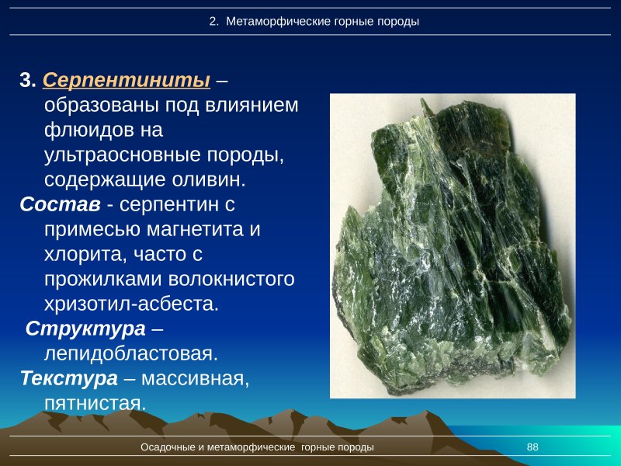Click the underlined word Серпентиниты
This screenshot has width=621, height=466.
tap(127, 80)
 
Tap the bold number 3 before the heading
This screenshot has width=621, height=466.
tap(27, 81)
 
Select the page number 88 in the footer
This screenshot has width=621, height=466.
tap(533, 447)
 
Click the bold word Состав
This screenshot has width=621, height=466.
tap(60, 205)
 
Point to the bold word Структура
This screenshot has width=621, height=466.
tap(85, 329)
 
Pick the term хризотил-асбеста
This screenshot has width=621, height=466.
tap(132, 304)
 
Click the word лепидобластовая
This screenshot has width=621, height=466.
tap(130, 353)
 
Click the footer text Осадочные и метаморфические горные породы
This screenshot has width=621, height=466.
tap(257, 447)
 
